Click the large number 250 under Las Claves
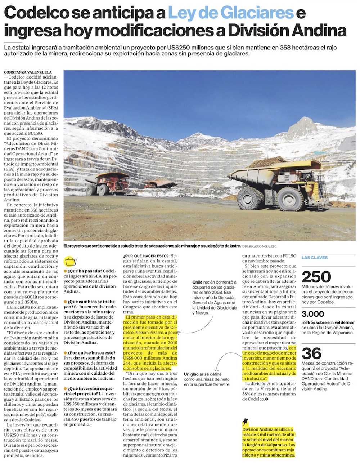tap(316, 277)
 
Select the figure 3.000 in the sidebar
tap(313, 314)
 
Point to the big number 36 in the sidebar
tap(311, 353)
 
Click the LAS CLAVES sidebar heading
tap(315, 258)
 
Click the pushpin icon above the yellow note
tap(246, 422)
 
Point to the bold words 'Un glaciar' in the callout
tap(194, 374)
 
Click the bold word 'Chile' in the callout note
tap(197, 282)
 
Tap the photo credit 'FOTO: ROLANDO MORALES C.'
tap(259, 246)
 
